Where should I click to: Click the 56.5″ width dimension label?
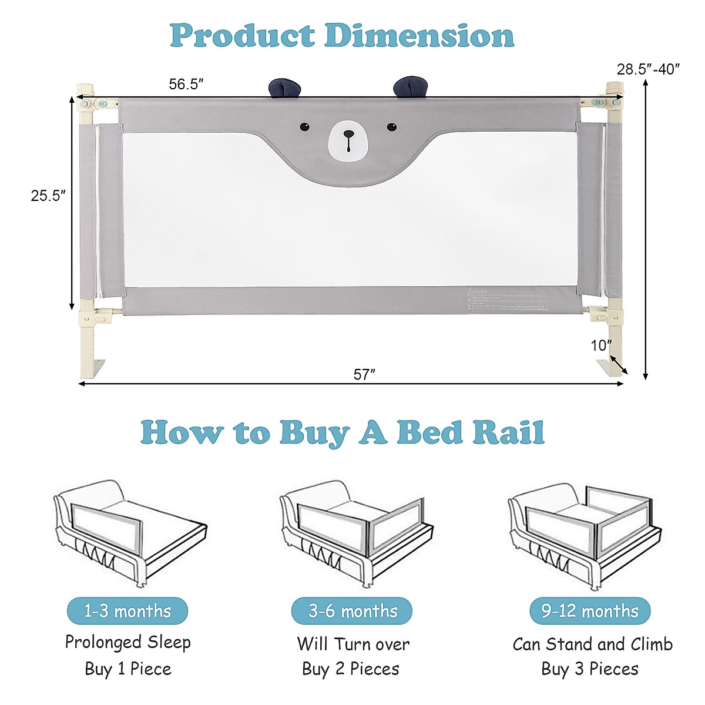[186, 84]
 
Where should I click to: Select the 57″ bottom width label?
[364, 374]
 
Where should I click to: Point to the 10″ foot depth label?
[601, 345]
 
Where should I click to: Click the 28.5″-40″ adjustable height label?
[648, 69]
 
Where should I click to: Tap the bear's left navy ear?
[285, 88]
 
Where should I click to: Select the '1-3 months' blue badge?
[127, 611]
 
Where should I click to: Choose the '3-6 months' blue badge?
[352, 611]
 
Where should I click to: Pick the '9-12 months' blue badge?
[590, 611]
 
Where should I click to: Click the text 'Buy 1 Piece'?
[128, 669]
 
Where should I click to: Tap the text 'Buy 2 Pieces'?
[351, 669]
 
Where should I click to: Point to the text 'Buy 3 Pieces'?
[590, 669]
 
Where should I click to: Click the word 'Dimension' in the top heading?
[419, 36]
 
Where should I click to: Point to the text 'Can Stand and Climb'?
[592, 644]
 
